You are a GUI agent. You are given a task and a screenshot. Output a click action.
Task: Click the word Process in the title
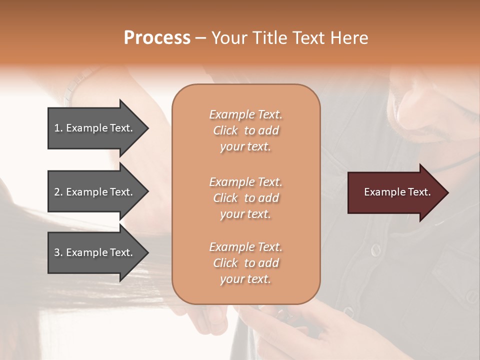[x=157, y=38]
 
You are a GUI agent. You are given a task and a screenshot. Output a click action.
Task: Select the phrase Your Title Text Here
[x=289, y=38]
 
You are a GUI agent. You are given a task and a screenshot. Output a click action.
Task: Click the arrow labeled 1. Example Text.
[x=95, y=128]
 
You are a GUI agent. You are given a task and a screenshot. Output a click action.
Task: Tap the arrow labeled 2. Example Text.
[x=95, y=192]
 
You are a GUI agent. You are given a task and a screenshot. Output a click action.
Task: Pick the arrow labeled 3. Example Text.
[x=95, y=252]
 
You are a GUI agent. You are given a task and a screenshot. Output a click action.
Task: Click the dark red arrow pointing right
[x=395, y=192]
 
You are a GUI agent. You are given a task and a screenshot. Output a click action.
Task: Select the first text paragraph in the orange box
[x=245, y=130]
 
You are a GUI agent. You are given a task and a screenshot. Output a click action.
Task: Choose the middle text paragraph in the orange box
[x=245, y=198]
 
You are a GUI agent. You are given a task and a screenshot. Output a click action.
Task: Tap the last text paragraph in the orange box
[x=245, y=263]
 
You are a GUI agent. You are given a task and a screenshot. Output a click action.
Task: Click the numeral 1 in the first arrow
[x=57, y=128]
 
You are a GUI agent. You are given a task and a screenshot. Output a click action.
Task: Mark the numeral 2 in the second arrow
[x=57, y=192]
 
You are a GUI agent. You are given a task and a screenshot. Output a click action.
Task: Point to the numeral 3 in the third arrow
[x=57, y=252]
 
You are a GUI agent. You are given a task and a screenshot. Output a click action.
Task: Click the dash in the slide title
[x=201, y=38]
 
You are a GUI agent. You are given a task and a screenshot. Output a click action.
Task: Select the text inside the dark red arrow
[x=397, y=192]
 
